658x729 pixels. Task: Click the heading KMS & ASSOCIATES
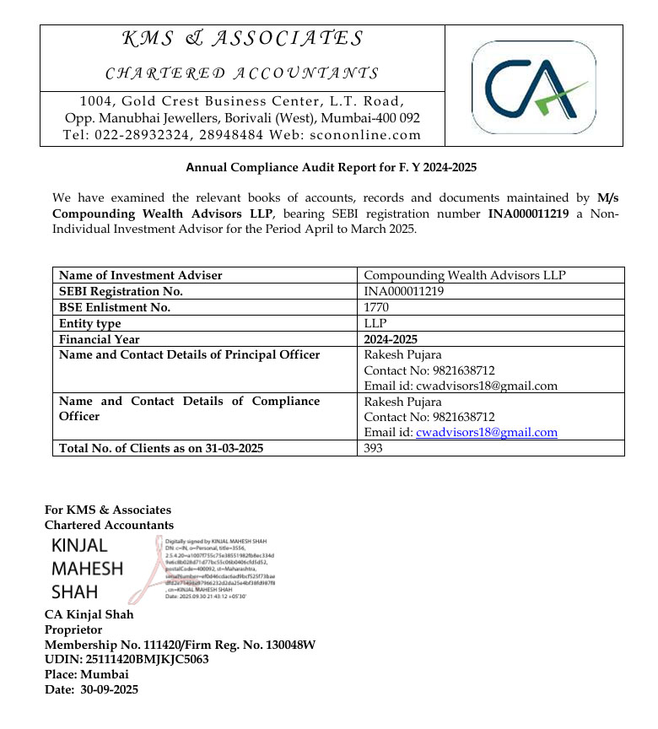pyautogui.click(x=243, y=39)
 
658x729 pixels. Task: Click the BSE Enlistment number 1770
pyautogui.click(x=376, y=307)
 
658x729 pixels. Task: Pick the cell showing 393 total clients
pyautogui.click(x=374, y=448)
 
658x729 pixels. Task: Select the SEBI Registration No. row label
pyautogui.click(x=121, y=291)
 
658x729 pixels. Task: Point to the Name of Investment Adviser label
pyautogui.click(x=141, y=275)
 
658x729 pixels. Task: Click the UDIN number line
pyautogui.click(x=127, y=660)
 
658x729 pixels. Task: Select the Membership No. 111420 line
pyautogui.click(x=180, y=645)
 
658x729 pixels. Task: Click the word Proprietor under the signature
pyautogui.click(x=73, y=629)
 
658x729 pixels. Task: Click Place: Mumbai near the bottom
pyautogui.click(x=87, y=674)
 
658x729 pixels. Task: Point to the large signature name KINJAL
pyautogui.click(x=79, y=545)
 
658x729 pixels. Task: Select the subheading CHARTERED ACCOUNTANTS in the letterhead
pyautogui.click(x=242, y=73)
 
